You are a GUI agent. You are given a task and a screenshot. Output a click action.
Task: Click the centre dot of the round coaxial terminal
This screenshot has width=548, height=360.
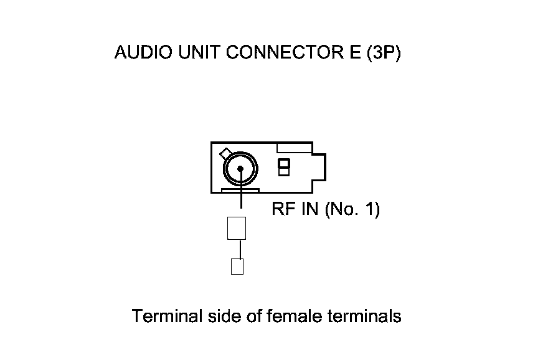240,168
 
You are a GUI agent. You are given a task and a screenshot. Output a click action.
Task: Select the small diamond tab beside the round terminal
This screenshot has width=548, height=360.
225,153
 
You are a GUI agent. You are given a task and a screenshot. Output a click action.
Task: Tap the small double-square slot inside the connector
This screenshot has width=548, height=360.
284,167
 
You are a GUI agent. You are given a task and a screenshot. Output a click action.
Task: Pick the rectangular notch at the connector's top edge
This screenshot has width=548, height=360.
293,148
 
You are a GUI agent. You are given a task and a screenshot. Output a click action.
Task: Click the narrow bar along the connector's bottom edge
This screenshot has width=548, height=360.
240,190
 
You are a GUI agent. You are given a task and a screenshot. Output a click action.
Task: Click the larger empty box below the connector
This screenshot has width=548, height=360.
236,228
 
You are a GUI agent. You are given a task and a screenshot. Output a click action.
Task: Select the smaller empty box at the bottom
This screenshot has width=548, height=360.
237,267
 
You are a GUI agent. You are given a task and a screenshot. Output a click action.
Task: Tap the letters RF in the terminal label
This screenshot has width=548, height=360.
281,209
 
